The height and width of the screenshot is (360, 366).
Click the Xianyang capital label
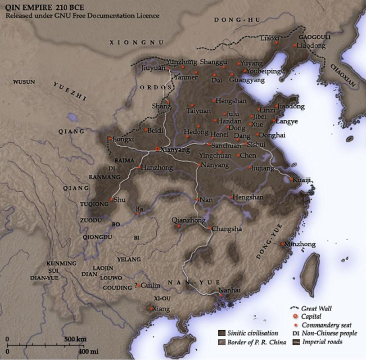[173, 148]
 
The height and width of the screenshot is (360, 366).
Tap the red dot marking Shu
[111, 199]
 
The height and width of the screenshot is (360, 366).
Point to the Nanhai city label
[228, 290]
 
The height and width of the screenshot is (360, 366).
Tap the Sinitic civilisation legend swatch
[221, 333]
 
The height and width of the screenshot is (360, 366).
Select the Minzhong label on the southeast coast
[300, 244]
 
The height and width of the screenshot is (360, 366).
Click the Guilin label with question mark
[150, 286]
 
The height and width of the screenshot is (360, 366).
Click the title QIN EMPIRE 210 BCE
[35, 8]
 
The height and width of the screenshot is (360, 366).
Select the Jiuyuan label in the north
[153, 70]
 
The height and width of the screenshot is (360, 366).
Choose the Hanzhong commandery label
[157, 167]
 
